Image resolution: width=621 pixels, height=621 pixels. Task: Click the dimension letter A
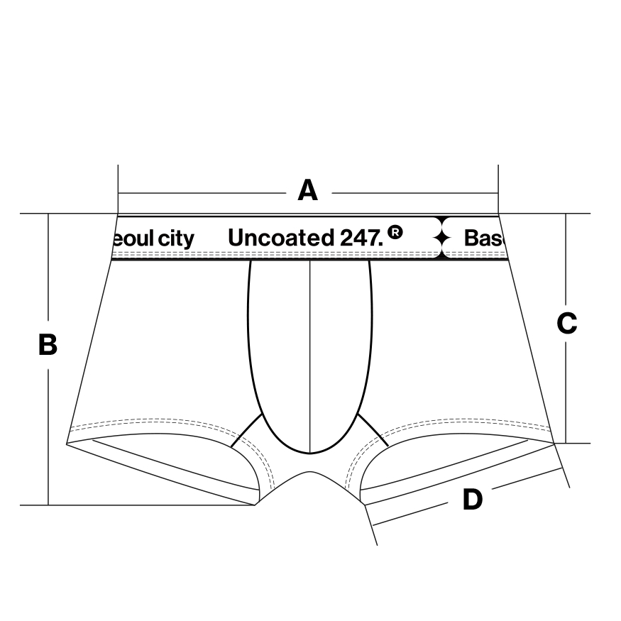click(307, 191)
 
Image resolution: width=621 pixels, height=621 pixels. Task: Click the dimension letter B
click(48, 345)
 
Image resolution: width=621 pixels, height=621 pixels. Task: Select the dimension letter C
click(566, 324)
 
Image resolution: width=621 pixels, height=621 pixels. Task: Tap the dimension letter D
click(472, 500)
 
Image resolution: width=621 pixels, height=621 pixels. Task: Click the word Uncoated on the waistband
click(279, 238)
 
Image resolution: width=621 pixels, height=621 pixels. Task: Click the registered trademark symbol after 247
click(395, 231)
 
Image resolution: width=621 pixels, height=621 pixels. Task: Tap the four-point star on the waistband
click(443, 237)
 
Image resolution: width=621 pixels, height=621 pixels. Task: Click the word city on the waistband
click(175, 238)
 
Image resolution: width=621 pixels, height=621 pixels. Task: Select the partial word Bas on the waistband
click(483, 238)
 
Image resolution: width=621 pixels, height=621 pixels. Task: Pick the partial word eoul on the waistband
click(133, 238)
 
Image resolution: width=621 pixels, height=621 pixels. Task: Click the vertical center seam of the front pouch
click(310, 355)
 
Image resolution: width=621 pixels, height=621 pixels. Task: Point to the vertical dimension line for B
click(48, 426)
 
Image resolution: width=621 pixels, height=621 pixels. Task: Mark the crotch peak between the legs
click(309, 472)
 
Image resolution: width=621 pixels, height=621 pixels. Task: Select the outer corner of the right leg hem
click(554, 443)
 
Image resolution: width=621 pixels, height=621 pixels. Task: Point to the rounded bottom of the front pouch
click(310, 452)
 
